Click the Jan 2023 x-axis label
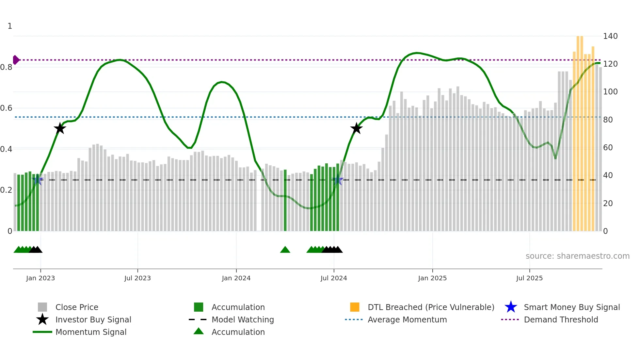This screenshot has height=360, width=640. (40, 278)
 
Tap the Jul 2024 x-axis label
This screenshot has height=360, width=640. (334, 278)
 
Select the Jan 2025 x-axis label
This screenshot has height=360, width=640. (432, 278)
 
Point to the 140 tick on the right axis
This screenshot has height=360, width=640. (610, 36)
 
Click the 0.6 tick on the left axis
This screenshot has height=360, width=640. (6, 108)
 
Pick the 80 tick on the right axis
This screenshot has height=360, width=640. (608, 120)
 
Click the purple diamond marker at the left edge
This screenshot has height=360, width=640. (16, 60)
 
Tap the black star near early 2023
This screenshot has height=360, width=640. (60, 128)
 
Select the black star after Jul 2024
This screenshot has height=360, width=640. (356, 128)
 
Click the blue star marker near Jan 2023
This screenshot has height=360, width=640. (38, 180)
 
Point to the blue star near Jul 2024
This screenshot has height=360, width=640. (338, 180)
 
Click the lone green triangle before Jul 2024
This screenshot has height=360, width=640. (285, 250)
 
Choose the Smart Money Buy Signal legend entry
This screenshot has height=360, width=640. (572, 307)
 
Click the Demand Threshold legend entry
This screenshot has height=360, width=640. (561, 319)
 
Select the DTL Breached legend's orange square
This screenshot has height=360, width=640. (355, 307)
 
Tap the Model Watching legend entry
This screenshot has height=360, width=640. (243, 319)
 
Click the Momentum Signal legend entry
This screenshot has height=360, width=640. (91, 332)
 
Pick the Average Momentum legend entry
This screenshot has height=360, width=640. (407, 319)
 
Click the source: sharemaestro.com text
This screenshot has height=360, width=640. (577, 256)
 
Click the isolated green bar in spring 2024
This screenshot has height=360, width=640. (285, 200)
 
